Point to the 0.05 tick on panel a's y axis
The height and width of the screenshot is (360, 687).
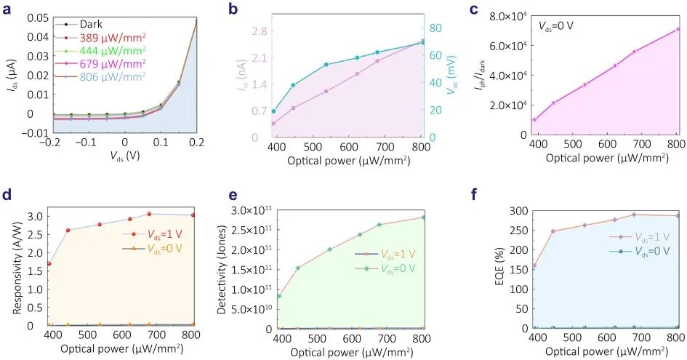(x=35, y=17)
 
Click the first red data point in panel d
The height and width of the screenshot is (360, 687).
(x=49, y=264)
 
